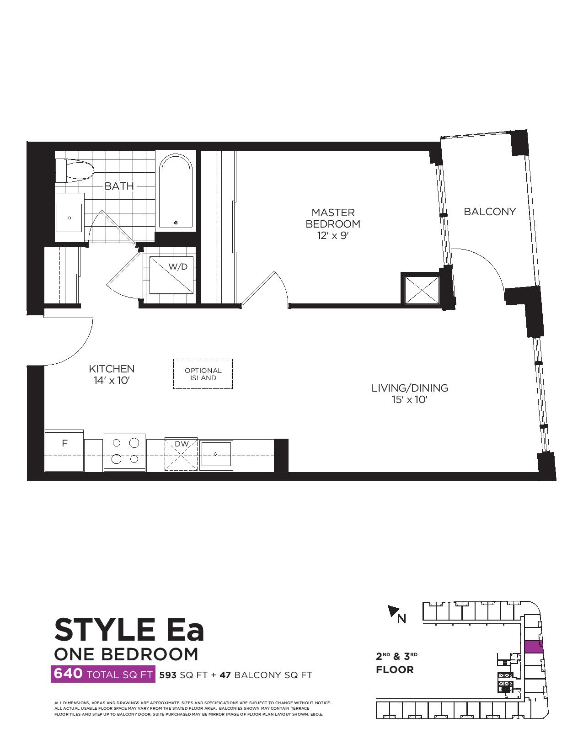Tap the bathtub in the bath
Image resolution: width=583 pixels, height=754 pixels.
pyautogui.click(x=176, y=191)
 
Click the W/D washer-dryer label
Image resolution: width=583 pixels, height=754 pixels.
pyautogui.click(x=178, y=266)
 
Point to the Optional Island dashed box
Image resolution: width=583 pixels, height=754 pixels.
pyautogui.click(x=203, y=374)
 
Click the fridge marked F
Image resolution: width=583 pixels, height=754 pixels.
pyautogui.click(x=64, y=451)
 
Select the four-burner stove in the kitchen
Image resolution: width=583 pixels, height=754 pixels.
pyautogui.click(x=125, y=452)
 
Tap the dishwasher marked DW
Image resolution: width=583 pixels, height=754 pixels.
pyautogui.click(x=181, y=454)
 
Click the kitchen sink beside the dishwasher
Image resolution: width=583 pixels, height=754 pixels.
pyautogui.click(x=216, y=454)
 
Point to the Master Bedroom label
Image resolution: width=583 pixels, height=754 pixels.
pyautogui.click(x=333, y=218)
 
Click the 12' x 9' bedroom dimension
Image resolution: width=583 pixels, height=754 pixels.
pyautogui.click(x=333, y=236)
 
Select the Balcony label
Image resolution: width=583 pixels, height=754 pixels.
pyautogui.click(x=490, y=212)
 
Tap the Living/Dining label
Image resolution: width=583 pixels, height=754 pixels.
pyautogui.click(x=410, y=388)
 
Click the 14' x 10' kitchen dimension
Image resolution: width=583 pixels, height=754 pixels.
pyautogui.click(x=112, y=381)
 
